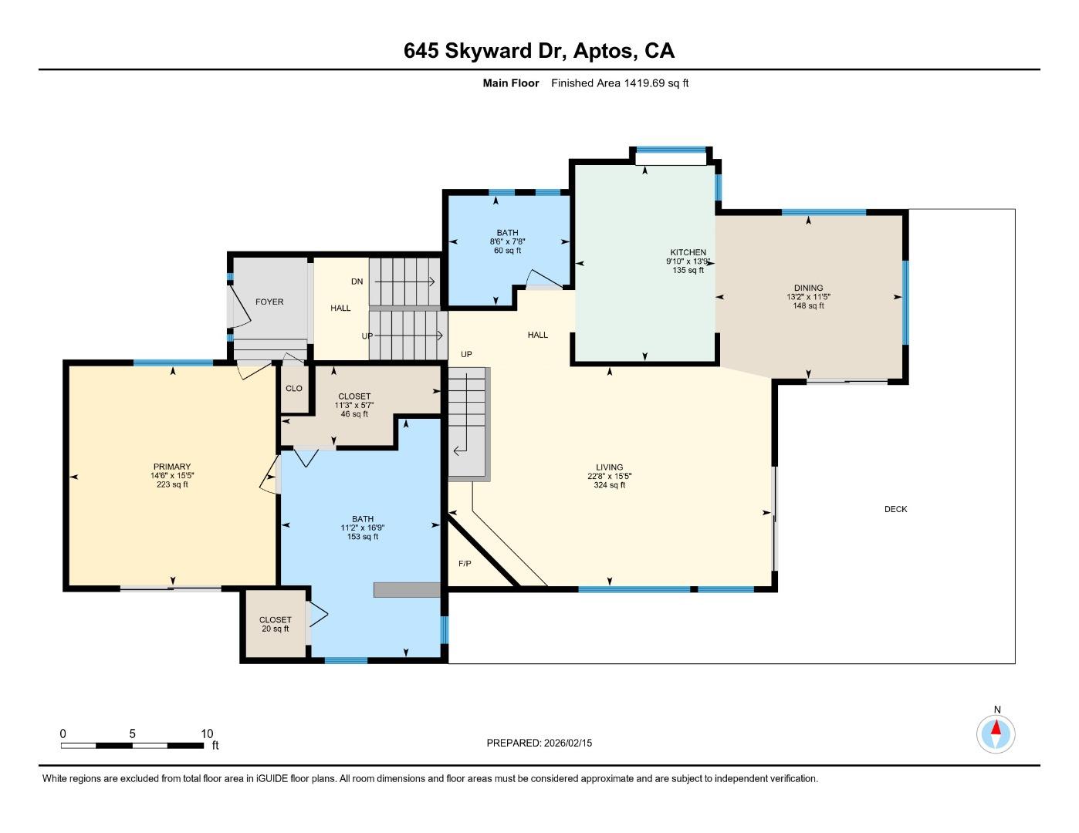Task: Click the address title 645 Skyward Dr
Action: coord(539,51)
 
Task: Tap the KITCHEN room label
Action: coord(688,252)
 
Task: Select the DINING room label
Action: coord(808,288)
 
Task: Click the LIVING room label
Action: coord(609,467)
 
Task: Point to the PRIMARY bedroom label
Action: coord(171,467)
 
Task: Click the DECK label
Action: coord(895,509)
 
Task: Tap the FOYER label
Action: coord(269,302)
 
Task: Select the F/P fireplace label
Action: coord(465,564)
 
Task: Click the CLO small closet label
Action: coord(294,388)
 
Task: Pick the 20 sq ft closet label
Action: coord(275,629)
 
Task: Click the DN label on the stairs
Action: coord(357,282)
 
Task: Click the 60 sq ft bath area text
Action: coord(507,250)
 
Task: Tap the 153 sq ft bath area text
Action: coord(362,537)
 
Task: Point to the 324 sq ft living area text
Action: coord(609,485)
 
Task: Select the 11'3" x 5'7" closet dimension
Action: coord(354,405)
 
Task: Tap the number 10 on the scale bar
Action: coord(207,734)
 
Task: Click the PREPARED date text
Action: coord(539,743)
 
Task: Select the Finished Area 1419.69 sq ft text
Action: coord(619,83)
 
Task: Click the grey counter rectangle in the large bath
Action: coord(407,589)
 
